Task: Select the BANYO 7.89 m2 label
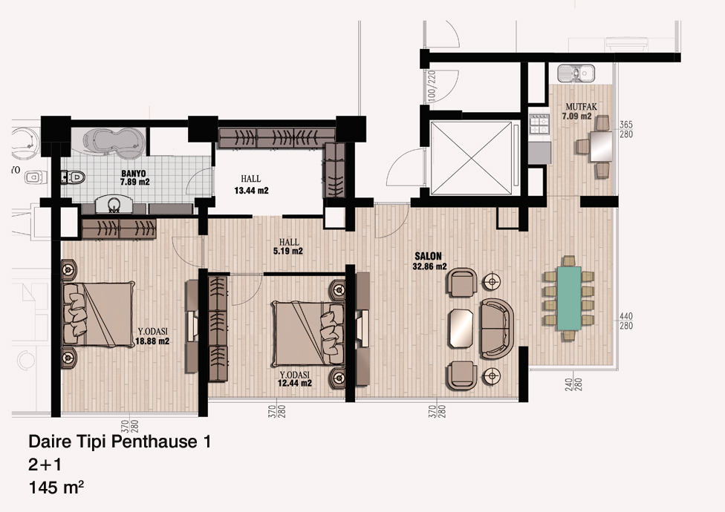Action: tap(134, 178)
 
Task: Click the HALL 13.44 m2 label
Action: tap(251, 184)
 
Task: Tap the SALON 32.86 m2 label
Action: tap(429, 261)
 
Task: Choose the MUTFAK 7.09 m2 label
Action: tap(579, 111)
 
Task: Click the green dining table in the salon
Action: tap(569, 298)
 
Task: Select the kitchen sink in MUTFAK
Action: tap(576, 73)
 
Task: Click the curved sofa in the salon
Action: tap(497, 328)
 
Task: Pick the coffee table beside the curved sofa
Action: tap(461, 328)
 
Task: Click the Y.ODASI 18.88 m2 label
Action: tap(152, 337)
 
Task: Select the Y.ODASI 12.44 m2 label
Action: tap(294, 379)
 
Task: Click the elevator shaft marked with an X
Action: tap(471, 158)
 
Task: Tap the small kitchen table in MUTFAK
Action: tap(601, 146)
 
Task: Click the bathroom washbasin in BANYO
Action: tap(114, 205)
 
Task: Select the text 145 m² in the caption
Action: tap(56, 488)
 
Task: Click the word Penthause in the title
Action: tap(155, 442)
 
